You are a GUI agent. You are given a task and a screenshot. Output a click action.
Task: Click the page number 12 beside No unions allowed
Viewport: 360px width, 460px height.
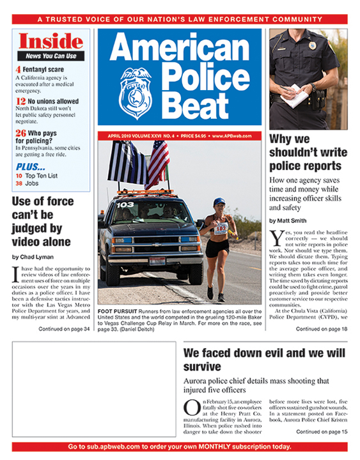(20, 101)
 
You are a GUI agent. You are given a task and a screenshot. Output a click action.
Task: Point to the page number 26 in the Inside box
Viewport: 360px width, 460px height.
(20, 133)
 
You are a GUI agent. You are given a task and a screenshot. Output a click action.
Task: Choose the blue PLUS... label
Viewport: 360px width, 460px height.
(30, 165)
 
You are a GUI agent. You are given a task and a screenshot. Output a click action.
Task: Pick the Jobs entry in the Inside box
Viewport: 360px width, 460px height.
(34, 183)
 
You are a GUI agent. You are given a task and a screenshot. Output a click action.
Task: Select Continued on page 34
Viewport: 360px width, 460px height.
(64, 329)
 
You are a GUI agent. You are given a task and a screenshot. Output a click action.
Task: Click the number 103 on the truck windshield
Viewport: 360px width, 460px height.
(125, 204)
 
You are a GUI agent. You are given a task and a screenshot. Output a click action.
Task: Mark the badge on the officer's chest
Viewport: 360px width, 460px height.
(312, 45)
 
